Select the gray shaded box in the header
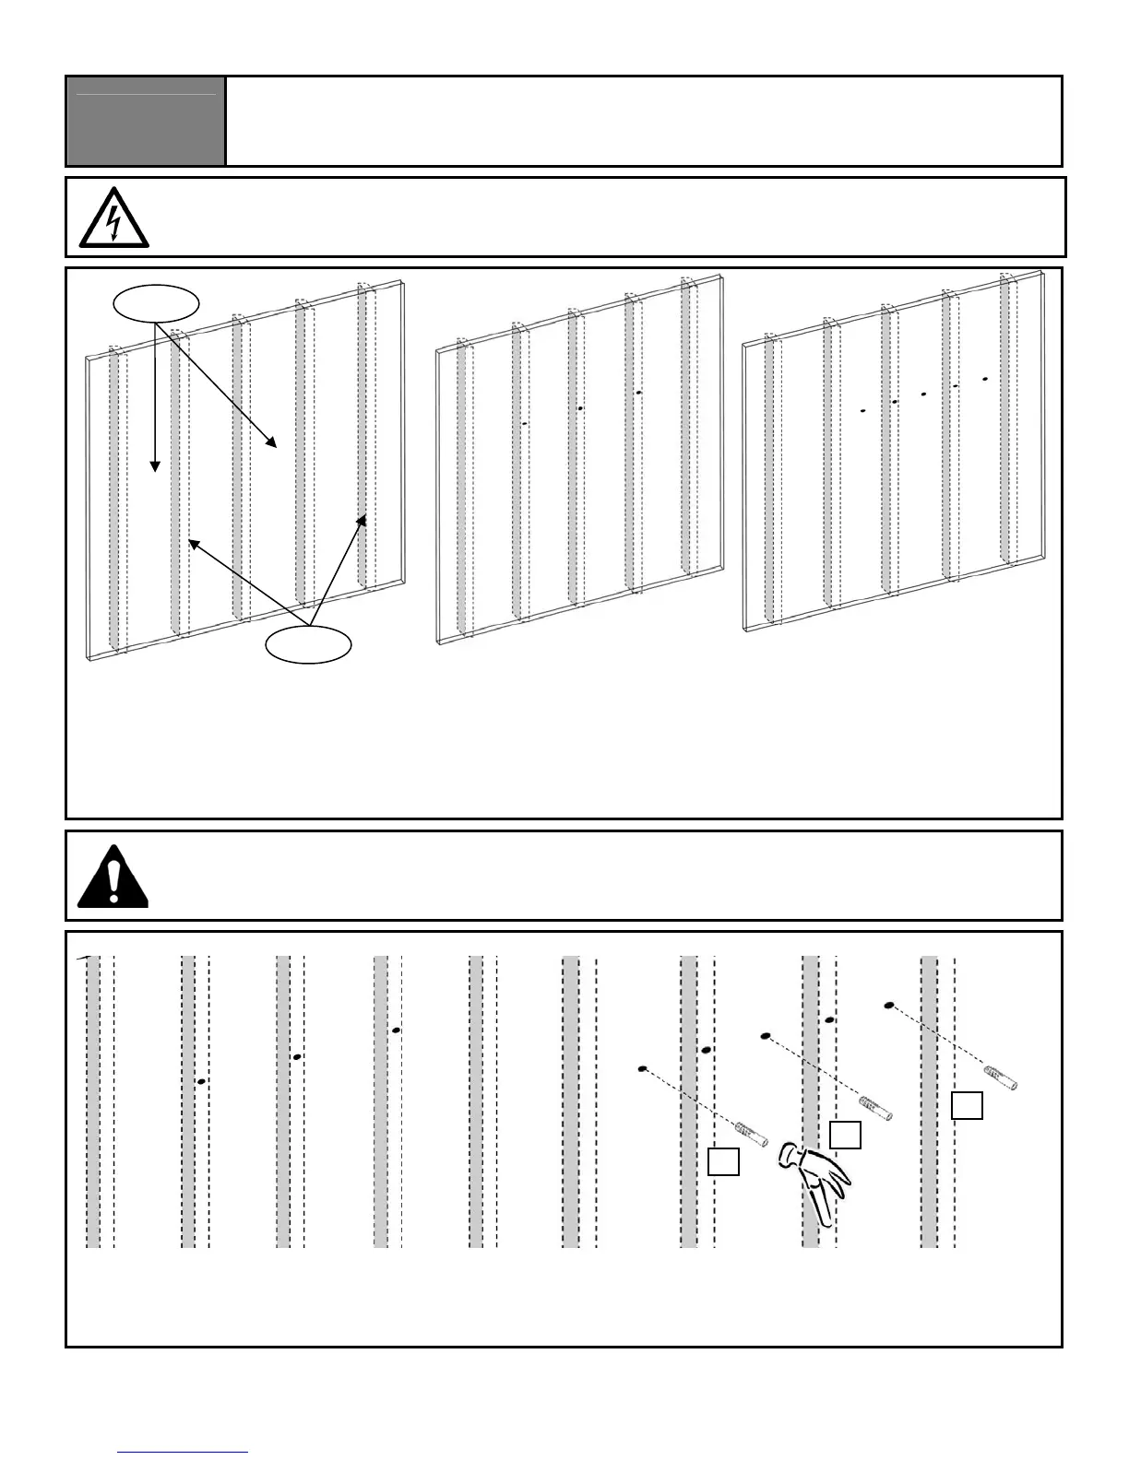tap(146, 121)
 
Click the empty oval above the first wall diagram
tap(155, 302)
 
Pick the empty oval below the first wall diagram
tap(308, 644)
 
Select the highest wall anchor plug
tap(1001, 1078)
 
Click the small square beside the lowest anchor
tap(723, 1161)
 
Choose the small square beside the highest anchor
tap(967, 1105)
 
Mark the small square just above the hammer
tap(845, 1135)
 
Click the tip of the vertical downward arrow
tap(155, 467)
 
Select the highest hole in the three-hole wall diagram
tap(638, 393)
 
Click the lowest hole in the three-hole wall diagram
tap(524, 423)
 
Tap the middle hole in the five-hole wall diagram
tap(923, 394)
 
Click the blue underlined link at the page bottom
tap(184, 1453)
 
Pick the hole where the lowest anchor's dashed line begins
tap(643, 1069)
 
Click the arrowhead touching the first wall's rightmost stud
tap(363, 520)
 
